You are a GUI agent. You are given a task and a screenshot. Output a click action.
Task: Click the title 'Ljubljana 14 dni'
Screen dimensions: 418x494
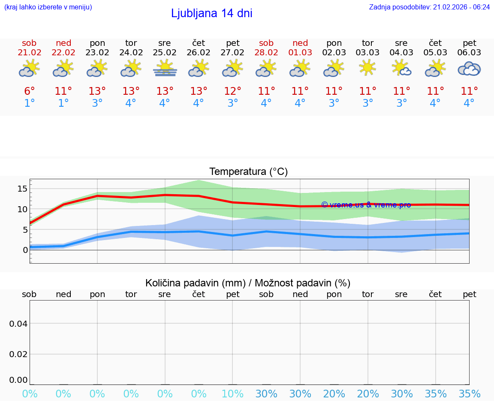[x=211, y=13]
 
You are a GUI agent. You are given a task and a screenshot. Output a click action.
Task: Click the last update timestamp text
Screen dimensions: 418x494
[x=429, y=7]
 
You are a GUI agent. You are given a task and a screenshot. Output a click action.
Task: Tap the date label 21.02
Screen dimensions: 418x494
[x=30, y=53]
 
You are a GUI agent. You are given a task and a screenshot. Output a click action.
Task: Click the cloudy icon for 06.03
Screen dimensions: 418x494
[x=469, y=69]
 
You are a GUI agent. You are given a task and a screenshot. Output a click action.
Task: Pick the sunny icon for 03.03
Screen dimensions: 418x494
[x=367, y=68]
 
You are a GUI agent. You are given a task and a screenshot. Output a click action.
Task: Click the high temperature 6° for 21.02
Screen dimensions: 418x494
[x=30, y=91]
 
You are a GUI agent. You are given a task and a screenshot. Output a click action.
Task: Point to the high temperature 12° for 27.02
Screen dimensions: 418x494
[x=232, y=91]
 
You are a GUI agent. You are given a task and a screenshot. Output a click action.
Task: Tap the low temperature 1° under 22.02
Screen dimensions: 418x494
[x=63, y=103]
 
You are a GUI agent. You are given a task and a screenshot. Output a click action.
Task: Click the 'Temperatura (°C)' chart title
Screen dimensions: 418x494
[x=248, y=172]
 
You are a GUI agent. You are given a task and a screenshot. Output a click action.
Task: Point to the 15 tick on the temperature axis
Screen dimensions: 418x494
[x=23, y=189]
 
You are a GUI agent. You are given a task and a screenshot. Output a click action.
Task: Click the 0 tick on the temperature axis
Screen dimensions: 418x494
[x=25, y=250]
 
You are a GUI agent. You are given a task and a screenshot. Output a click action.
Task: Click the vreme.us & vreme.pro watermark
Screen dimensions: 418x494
[x=366, y=205]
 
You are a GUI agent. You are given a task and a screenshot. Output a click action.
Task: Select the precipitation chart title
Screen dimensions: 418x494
[x=248, y=283]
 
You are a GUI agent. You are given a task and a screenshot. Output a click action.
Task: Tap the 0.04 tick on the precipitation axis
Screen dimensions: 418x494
[x=18, y=323]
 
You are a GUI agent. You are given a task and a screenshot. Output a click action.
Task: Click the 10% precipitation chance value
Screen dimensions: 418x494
[x=232, y=394]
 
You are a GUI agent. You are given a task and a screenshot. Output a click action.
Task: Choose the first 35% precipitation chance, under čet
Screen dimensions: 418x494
[x=436, y=394]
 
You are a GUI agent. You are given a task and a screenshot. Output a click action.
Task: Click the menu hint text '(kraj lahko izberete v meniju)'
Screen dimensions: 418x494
[x=48, y=7]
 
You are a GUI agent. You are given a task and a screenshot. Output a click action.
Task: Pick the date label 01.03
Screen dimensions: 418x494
[x=300, y=53]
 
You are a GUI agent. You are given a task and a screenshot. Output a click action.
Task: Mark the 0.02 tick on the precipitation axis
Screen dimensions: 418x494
[x=18, y=354]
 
